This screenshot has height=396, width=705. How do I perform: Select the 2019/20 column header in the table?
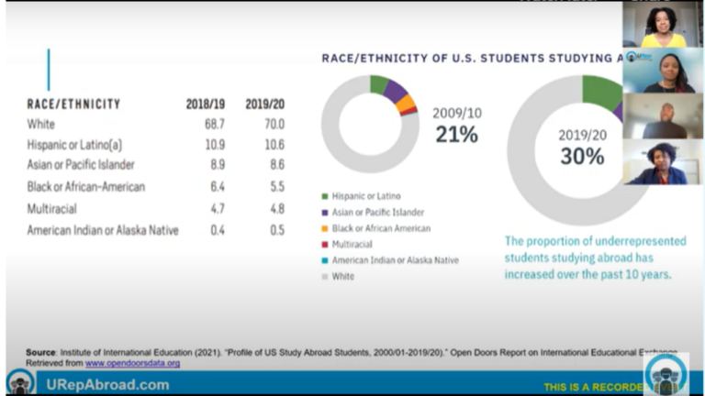(x=264, y=104)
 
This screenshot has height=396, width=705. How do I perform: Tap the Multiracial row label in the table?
(x=58, y=209)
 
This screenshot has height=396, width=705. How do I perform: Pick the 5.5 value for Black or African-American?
(x=274, y=187)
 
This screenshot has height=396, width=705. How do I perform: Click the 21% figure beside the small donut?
(x=456, y=135)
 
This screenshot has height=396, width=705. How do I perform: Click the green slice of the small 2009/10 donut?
(x=378, y=83)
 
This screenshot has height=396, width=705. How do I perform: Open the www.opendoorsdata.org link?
(x=132, y=363)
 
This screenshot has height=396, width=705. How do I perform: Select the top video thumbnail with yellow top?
(x=663, y=25)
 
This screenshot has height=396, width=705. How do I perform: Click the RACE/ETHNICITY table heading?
(x=73, y=104)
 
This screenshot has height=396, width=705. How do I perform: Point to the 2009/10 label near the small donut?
(x=456, y=114)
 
